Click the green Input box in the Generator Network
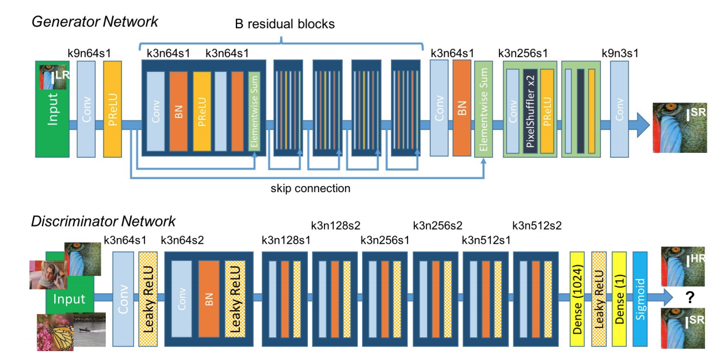tap(53, 119)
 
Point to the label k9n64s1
tap(90, 53)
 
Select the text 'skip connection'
tap(310, 188)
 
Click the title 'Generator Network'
tap(95, 22)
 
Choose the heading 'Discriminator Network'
tap(103, 222)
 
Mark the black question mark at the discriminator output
tap(690, 299)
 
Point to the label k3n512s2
tap(537, 225)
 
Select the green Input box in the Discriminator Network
tap(69, 300)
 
